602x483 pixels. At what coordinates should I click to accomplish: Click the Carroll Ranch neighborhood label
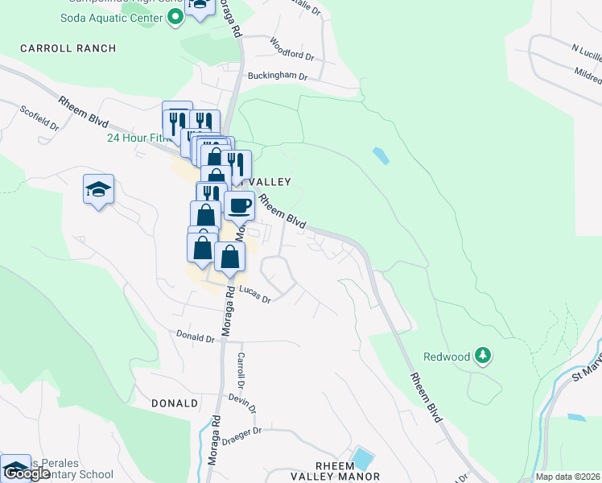pyautogui.click(x=68, y=48)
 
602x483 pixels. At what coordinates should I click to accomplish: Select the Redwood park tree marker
pyautogui.click(x=482, y=355)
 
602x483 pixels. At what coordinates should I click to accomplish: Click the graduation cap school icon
pyautogui.click(x=98, y=190)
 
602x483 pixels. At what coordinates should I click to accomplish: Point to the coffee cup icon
pyautogui.click(x=239, y=206)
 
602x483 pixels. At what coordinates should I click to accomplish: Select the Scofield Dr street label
pyautogui.click(x=39, y=118)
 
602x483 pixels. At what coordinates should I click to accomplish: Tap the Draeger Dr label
pyautogui.click(x=246, y=431)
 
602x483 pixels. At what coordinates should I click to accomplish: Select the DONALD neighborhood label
pyautogui.click(x=175, y=402)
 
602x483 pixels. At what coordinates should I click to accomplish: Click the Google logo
pyautogui.click(x=27, y=473)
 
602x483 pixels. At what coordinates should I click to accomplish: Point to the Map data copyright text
pyautogui.click(x=568, y=477)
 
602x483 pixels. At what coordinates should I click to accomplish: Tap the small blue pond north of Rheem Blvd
pyautogui.click(x=381, y=155)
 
